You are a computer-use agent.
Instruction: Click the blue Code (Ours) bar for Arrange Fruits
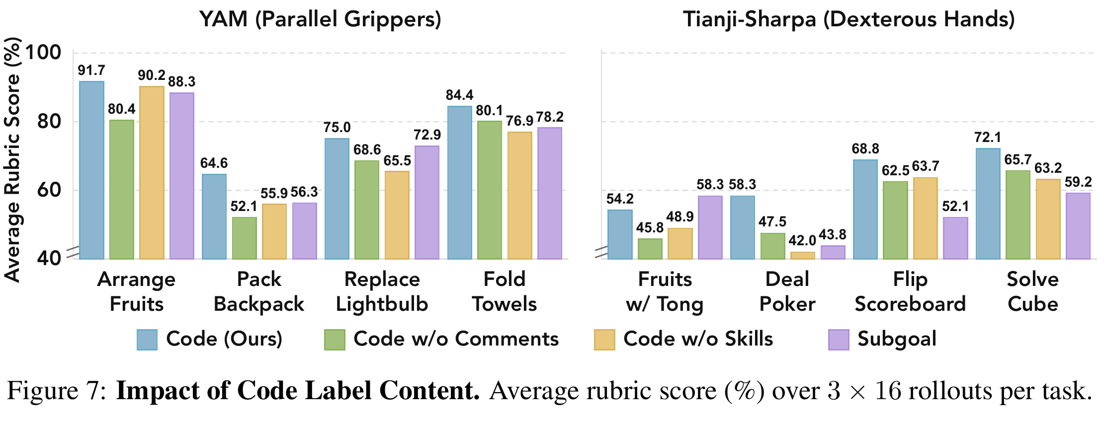91,170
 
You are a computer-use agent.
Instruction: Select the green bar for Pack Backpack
245,238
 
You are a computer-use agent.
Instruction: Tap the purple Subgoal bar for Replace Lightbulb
427,203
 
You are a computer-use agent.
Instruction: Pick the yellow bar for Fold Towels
519,196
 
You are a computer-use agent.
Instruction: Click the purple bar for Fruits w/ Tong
710,227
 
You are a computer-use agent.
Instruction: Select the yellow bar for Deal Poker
803,256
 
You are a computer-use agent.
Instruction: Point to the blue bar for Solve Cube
988,204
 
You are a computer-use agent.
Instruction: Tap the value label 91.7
91,70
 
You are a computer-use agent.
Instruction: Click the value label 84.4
460,95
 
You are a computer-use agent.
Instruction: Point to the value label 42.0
803,241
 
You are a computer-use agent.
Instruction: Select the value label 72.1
988,137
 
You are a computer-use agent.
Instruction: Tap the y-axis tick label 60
49,190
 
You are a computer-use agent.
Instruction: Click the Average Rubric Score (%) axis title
12,160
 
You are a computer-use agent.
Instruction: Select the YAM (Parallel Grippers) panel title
320,20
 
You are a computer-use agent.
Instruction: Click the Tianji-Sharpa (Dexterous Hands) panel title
849,20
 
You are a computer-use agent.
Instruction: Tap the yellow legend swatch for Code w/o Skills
604,340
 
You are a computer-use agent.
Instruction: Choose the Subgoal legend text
897,339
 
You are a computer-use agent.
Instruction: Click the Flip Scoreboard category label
910,292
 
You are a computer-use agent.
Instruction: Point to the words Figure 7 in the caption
56,391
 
